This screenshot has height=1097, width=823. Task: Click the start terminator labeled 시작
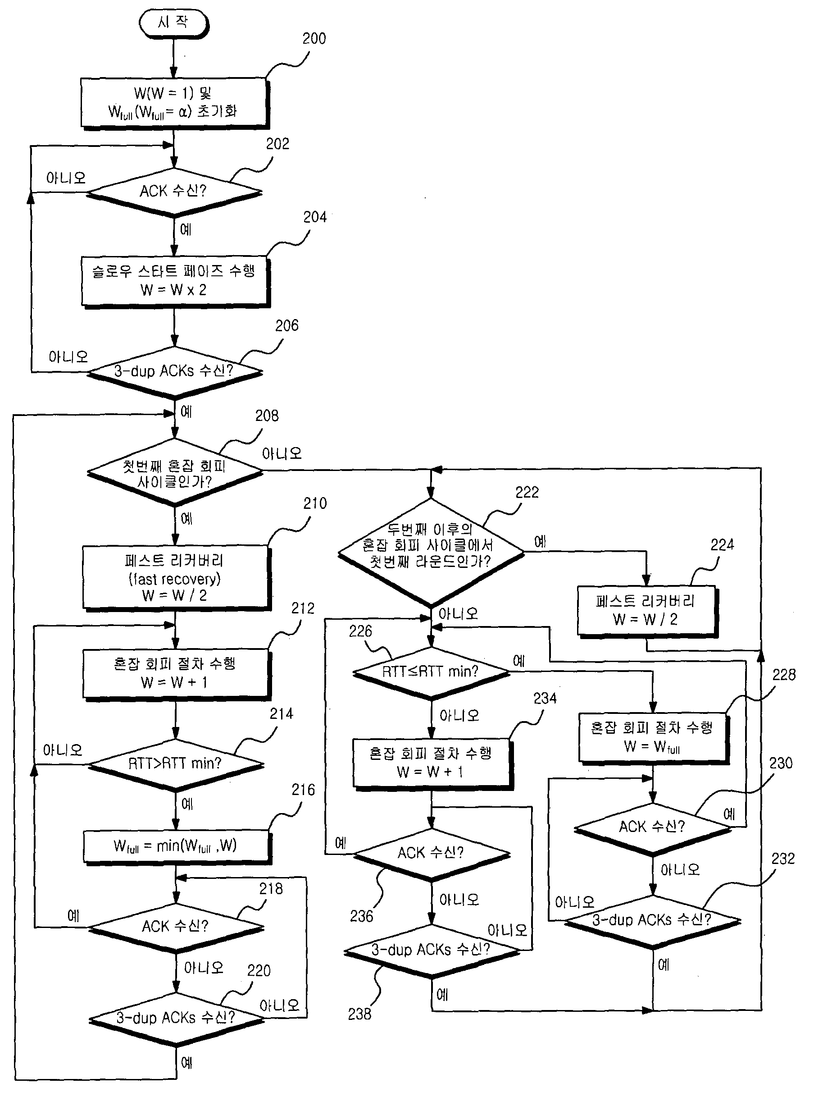(x=173, y=23)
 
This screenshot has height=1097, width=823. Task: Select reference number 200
(x=314, y=39)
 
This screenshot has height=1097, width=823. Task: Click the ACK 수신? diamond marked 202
(x=174, y=192)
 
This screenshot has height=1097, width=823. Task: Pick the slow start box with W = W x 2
(x=176, y=282)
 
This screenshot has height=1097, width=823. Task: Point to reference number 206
(x=287, y=326)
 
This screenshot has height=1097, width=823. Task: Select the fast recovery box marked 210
(x=177, y=578)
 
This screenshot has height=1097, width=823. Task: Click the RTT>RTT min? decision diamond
(x=176, y=764)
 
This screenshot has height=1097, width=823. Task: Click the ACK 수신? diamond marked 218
(x=176, y=927)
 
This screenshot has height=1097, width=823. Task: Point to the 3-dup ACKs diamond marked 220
(x=176, y=1019)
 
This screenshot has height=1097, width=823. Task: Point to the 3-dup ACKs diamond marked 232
(x=653, y=921)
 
